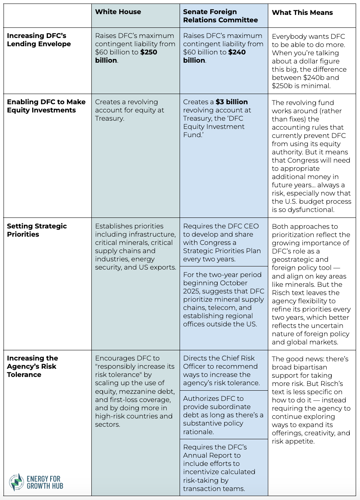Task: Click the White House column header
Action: (x=118, y=12)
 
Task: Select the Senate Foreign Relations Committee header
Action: (x=220, y=16)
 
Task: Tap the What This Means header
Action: (x=302, y=13)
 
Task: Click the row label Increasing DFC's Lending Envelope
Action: (x=39, y=40)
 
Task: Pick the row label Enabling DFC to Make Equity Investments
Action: (x=46, y=106)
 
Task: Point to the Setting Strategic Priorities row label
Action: (x=37, y=230)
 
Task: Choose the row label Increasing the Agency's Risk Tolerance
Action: (x=32, y=366)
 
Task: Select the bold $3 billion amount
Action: (x=231, y=102)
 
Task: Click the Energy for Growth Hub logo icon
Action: (x=16, y=482)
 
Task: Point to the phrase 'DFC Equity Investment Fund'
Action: (x=214, y=131)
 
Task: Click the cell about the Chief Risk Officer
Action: (x=224, y=370)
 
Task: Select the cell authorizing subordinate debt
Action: (x=224, y=415)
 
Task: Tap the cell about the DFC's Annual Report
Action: (x=224, y=467)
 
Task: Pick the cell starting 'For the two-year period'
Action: (x=224, y=299)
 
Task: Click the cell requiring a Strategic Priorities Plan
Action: (x=224, y=242)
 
